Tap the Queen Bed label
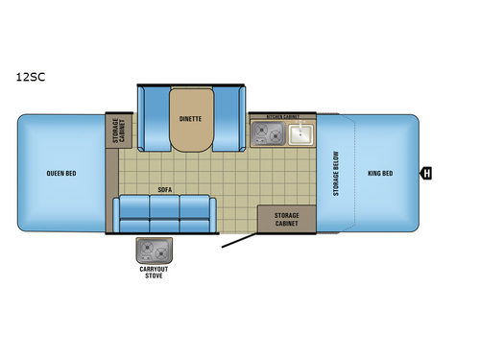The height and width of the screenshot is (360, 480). pyautogui.click(x=60, y=174)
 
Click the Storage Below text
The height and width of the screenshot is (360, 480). pyautogui.click(x=336, y=173)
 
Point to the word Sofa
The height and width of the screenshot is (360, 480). pyautogui.click(x=165, y=191)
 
